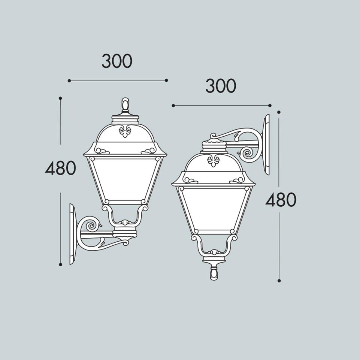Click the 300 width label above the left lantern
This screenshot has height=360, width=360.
tap(117, 61)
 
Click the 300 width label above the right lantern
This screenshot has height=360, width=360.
tap(221, 86)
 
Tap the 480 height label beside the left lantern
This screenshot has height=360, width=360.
tap(60, 168)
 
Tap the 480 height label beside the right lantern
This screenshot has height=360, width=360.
tap(281, 199)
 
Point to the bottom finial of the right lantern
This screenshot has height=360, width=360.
tap(214, 274)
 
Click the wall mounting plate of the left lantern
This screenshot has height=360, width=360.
tap(72, 234)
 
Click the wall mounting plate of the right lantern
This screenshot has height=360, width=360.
tap(267, 145)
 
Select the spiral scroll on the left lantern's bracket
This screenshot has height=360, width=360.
tap(91, 225)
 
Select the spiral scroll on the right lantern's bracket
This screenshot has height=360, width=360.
tap(248, 153)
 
